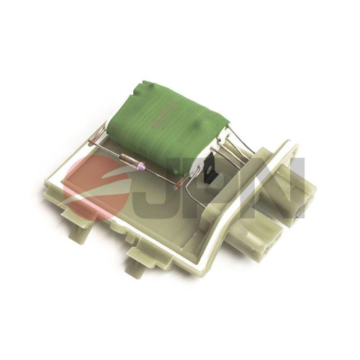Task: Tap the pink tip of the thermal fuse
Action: coord(142,165)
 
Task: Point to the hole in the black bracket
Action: coord(210,168)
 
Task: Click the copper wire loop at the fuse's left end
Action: coord(91,143)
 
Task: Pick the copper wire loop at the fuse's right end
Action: coord(178,185)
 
